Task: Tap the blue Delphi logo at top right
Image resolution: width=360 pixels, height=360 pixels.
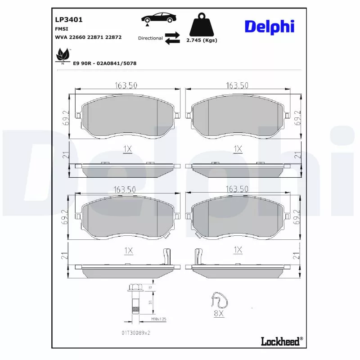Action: click(x=269, y=27)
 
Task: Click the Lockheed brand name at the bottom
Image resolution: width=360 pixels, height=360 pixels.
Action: click(x=280, y=342)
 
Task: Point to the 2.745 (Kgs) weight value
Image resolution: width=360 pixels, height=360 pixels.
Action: click(x=202, y=40)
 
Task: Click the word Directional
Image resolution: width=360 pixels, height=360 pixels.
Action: click(x=150, y=38)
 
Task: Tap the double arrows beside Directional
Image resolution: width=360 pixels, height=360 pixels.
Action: click(x=172, y=38)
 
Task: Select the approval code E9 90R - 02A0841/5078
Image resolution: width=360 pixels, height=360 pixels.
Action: click(x=104, y=63)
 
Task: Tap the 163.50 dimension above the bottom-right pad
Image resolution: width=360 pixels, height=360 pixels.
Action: click(x=237, y=190)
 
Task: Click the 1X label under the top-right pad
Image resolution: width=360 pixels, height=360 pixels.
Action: click(x=238, y=148)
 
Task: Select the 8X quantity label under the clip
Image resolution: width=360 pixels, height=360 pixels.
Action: click(x=219, y=314)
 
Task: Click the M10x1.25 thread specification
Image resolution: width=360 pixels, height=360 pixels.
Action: click(x=146, y=319)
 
